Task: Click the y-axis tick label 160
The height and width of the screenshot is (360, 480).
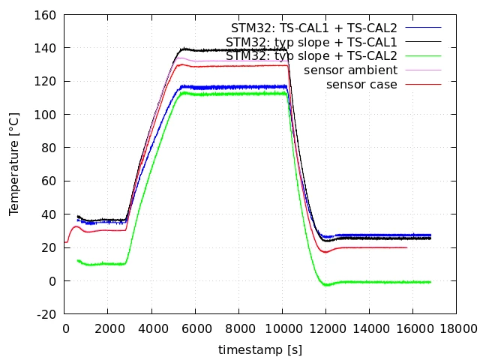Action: click(45, 15)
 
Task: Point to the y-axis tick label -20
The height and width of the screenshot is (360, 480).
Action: click(46, 314)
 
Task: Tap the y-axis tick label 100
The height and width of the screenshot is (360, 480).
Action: click(45, 115)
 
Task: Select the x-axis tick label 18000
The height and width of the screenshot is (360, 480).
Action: click(458, 328)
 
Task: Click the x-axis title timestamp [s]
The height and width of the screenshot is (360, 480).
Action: click(260, 349)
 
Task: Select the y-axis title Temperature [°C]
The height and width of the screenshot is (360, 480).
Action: click(14, 164)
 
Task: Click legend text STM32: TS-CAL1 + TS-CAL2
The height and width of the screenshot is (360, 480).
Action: click(313, 28)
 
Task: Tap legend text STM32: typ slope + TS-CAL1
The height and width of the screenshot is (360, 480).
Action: click(311, 42)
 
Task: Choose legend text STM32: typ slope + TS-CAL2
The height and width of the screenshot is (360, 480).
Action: click(311, 56)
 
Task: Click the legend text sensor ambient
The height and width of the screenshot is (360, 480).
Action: click(350, 70)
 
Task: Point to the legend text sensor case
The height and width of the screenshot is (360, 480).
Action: click(361, 85)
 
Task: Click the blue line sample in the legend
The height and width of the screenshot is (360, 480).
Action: click(423, 28)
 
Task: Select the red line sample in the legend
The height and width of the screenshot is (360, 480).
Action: click(423, 84)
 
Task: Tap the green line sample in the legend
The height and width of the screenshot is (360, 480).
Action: click(423, 56)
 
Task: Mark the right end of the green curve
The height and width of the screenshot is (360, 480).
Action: click(430, 282)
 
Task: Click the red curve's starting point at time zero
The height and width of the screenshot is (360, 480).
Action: click(64, 242)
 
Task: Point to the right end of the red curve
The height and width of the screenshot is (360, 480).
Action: click(406, 247)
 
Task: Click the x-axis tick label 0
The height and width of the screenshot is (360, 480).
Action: click(65, 328)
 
